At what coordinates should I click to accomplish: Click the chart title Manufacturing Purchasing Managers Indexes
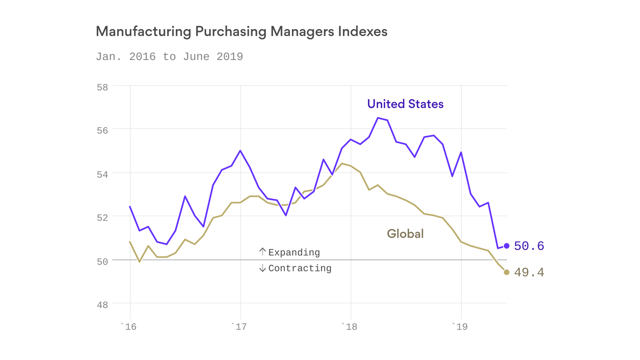tap(241, 32)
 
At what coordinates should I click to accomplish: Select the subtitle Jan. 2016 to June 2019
tap(169, 57)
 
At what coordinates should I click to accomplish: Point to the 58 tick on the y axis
tap(103, 87)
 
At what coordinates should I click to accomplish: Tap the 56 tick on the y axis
tap(103, 131)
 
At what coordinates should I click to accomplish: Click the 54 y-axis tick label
tap(103, 174)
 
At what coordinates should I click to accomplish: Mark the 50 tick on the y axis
tap(103, 262)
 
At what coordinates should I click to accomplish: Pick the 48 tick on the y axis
tap(103, 305)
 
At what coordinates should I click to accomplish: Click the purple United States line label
tap(405, 104)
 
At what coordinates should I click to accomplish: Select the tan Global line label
tap(405, 233)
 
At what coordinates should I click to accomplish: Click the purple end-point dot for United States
tap(506, 246)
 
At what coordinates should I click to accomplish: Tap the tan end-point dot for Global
tap(506, 272)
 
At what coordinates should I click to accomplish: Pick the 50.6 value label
tap(529, 246)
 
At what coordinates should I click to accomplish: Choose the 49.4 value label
tap(529, 272)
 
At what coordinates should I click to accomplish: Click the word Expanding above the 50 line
tap(294, 253)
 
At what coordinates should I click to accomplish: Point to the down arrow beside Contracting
tap(262, 268)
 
